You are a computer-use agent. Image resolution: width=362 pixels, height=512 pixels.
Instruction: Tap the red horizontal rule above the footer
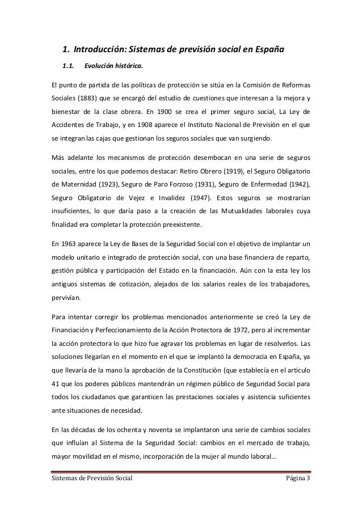[181, 470]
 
